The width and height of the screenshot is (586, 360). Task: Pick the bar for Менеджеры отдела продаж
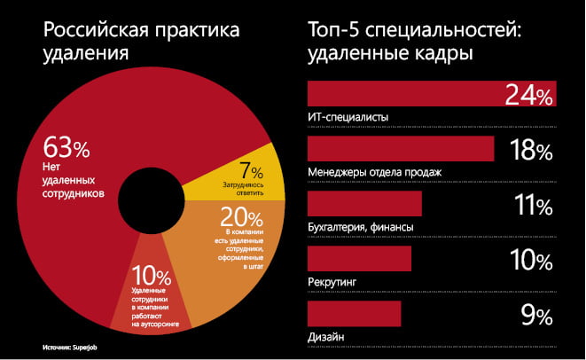click(x=400, y=149)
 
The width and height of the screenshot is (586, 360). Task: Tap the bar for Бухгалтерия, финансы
click(x=363, y=204)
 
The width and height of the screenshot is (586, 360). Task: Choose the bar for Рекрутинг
click(x=359, y=259)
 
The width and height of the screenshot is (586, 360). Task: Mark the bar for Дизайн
click(x=354, y=313)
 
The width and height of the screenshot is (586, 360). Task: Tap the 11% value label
click(x=532, y=206)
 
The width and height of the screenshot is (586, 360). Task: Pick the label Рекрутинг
click(x=332, y=281)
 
